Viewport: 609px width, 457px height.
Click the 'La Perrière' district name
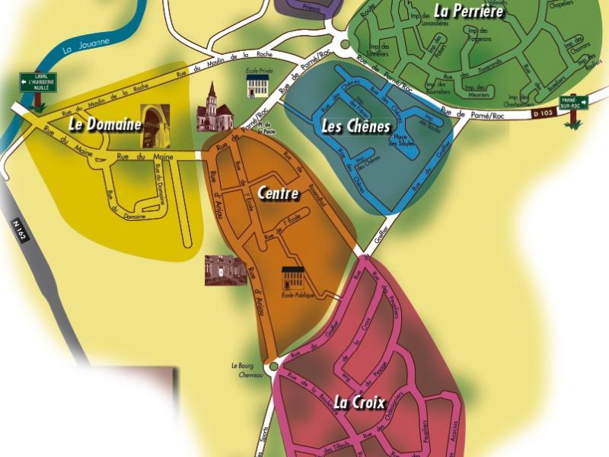(469, 11)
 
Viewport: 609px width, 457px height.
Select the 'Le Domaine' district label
(105, 123)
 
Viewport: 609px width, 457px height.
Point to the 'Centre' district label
(278, 193)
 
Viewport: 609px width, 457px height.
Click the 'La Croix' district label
(359, 402)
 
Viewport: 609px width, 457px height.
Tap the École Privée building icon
(259, 85)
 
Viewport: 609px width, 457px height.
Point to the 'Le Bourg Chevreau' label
(247, 370)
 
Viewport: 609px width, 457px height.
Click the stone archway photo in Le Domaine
(155, 126)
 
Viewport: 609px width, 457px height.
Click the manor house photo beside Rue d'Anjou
(225, 270)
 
